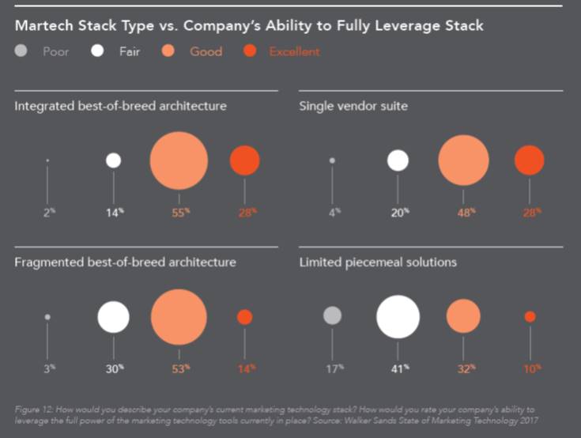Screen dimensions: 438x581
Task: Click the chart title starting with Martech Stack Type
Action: tap(249, 26)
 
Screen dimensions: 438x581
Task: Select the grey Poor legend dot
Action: tap(21, 52)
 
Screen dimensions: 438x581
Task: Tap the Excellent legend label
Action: tap(294, 52)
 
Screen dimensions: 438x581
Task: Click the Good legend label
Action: tap(206, 52)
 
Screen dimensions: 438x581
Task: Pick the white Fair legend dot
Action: tap(98, 52)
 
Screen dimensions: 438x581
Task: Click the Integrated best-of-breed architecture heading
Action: tap(120, 105)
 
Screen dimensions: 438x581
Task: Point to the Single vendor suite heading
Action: tap(353, 105)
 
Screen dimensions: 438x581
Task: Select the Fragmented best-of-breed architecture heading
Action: tap(125, 262)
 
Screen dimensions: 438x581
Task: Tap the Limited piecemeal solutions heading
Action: tap(378, 262)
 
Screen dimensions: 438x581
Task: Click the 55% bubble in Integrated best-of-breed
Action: tap(179, 160)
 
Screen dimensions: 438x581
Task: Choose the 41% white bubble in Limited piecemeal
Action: tap(398, 316)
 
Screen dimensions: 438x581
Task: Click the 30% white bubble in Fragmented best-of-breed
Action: tap(113, 317)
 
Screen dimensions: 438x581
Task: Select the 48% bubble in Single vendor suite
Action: tap(463, 160)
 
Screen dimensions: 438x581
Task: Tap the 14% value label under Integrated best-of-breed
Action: tap(115, 213)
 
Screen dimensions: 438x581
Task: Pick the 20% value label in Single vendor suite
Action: tap(399, 213)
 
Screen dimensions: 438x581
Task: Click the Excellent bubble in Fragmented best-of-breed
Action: tap(244, 317)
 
